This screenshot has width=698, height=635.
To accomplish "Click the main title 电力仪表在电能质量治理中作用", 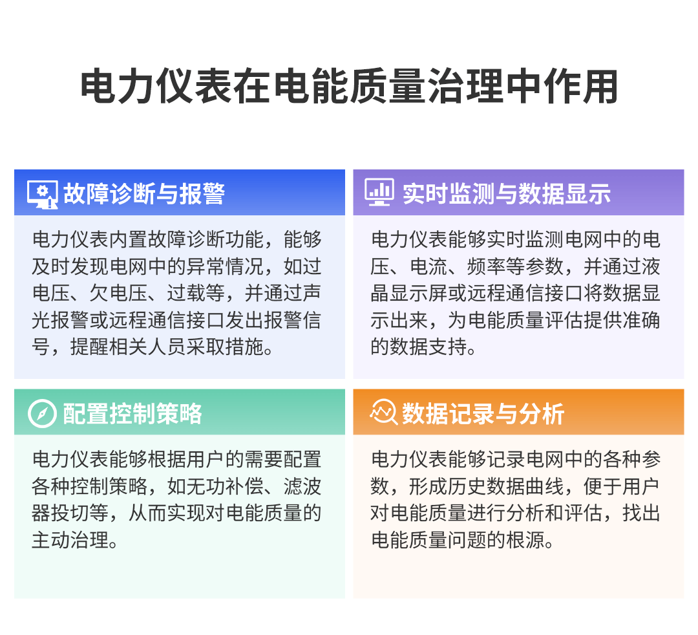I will click(349, 87).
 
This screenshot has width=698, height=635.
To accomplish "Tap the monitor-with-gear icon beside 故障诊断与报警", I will click(43, 193).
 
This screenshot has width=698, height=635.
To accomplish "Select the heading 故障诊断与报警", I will click(144, 193).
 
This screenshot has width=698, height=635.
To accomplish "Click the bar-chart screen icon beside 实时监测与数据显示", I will click(379, 193).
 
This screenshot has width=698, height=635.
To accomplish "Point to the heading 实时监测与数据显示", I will click(506, 193).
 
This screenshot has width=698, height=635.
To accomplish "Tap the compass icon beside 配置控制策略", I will click(43, 413).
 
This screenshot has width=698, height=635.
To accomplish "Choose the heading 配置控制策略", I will click(132, 413).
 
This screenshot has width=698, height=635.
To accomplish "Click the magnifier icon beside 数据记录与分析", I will click(383, 412).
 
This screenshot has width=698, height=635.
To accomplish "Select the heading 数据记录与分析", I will click(483, 413).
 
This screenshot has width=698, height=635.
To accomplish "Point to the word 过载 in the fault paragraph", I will click(187, 293).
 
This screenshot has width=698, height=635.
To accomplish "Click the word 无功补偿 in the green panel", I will click(235, 486).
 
